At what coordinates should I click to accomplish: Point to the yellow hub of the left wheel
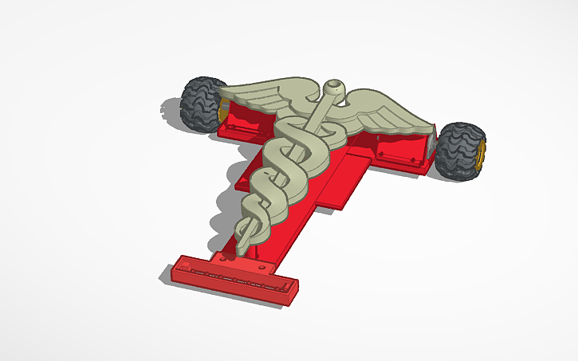220,114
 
